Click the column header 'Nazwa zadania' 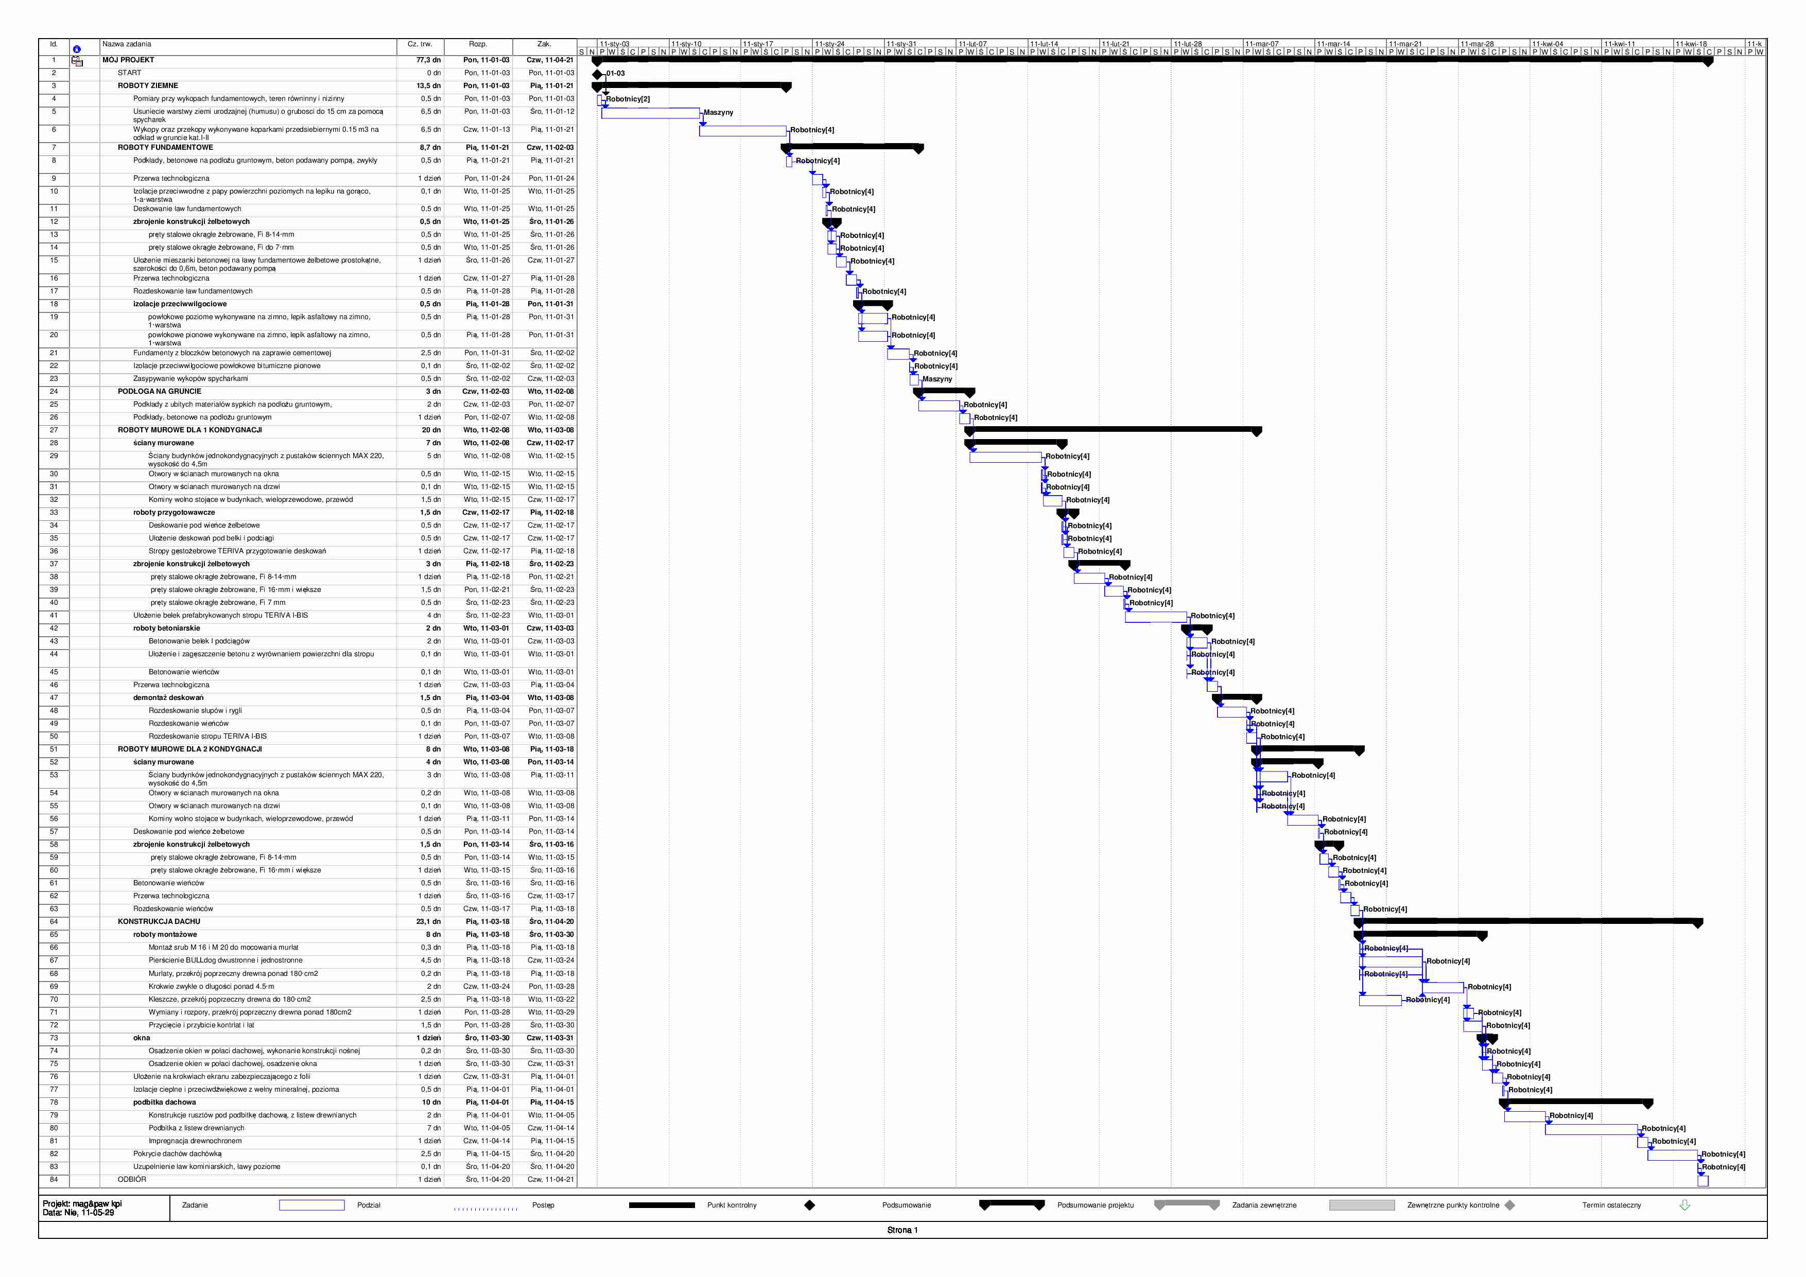127,44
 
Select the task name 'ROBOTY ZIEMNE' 148,86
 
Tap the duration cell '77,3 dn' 428,60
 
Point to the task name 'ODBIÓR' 132,1180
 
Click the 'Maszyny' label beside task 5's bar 718,112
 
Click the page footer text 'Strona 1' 902,1230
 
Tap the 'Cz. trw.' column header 420,44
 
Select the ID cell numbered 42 54,628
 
